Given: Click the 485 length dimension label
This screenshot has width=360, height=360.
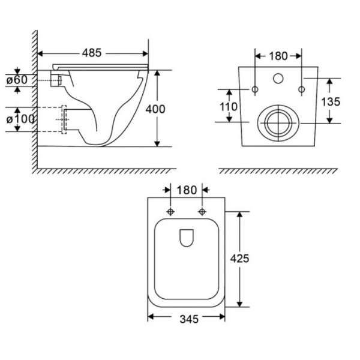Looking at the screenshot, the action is pos(92,53).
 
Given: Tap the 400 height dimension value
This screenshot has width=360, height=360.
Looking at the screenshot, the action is pos(155,109).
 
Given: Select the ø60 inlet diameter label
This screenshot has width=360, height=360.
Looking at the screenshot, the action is pos(17,80).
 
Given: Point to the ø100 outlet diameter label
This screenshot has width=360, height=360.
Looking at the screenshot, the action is pos(20,119).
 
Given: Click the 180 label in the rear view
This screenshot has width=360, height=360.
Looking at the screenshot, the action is pos(278,56).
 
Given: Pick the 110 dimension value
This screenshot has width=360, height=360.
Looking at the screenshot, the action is pos(229,107).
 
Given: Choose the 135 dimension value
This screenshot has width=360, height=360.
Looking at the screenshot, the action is pos(331,102).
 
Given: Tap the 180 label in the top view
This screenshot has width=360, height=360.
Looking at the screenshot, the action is pos(187,190).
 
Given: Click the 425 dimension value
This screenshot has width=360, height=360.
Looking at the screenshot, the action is pos(239,259).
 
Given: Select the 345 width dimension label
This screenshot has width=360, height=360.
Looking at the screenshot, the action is pos(189,319).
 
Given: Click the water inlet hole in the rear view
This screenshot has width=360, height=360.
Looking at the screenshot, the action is pos(278,78).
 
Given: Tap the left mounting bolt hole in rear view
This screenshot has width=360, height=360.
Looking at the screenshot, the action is pos(255,89).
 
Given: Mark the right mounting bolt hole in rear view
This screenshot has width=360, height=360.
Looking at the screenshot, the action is pos(302,89).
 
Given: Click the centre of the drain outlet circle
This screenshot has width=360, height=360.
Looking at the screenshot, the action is pos(278,123).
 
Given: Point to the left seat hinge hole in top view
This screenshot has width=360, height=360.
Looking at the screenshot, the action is pos(170,211).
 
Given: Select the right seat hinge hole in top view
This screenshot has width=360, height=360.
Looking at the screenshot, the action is pos(202,211).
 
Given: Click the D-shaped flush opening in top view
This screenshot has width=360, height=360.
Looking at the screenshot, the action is pos(187,238).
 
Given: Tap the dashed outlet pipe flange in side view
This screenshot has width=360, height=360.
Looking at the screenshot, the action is pos(64,119).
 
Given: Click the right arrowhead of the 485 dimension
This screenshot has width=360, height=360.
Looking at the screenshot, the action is pos(146,54).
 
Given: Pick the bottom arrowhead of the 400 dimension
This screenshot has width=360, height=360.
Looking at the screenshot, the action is pos(157,144).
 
